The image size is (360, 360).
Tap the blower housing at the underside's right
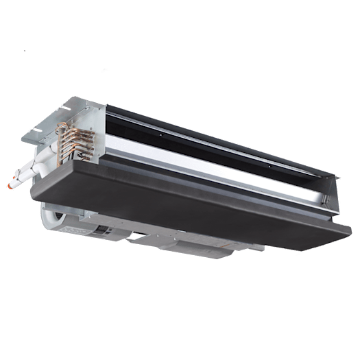pos(226,250)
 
